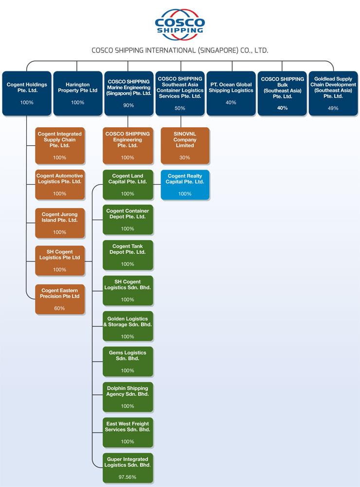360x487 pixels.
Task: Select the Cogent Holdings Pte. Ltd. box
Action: [27, 93]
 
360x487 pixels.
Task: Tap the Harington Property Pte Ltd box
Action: [77, 93]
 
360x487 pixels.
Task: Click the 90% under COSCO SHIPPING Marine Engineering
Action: [128, 105]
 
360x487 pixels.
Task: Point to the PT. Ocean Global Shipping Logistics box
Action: [231, 93]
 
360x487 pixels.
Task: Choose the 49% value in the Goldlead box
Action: [333, 108]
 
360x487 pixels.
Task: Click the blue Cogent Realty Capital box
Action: [185, 185]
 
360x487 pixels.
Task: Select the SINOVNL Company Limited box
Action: [185, 145]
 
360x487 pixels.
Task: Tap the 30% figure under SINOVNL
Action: [185, 157]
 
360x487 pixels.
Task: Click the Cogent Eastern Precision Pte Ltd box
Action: [60, 299]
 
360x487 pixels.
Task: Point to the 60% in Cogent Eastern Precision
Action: [59, 308]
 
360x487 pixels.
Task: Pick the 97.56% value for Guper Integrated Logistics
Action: [127, 477]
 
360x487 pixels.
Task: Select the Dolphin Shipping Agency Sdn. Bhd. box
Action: [128, 397]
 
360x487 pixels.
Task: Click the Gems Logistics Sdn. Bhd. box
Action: [128, 361]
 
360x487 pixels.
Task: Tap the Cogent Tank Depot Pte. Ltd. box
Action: [128, 255]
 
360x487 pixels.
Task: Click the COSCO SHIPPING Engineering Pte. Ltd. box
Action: [128, 145]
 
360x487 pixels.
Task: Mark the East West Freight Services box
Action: [128, 432]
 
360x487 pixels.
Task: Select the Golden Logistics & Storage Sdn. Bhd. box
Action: [128, 326]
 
